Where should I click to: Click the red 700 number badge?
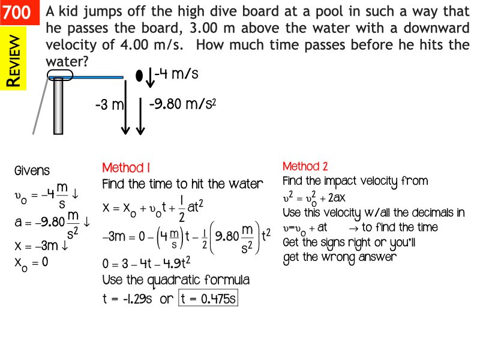[20, 12]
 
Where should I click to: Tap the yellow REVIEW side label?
[13, 58]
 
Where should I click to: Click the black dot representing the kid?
[139, 76]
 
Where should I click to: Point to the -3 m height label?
[109, 105]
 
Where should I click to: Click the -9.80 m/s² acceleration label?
[183, 104]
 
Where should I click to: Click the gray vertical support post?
[58, 106]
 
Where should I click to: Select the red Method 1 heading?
[126, 168]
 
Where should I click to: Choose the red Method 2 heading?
[305, 166]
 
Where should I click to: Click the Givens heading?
[32, 170]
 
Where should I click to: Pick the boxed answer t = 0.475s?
[208, 298]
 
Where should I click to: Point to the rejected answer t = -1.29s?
[127, 299]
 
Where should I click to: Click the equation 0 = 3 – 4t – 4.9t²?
[146, 263]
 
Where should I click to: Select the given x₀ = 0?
[31, 263]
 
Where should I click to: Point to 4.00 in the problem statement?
[134, 45]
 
